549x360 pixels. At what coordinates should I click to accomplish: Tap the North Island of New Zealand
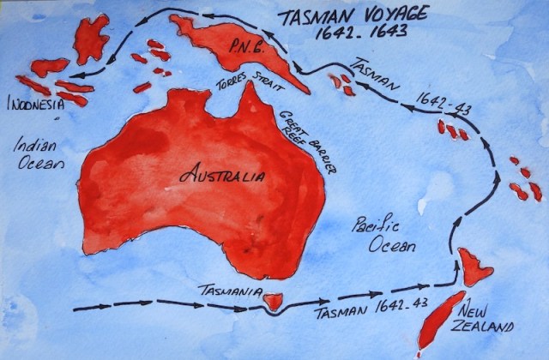pos(473,267)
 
